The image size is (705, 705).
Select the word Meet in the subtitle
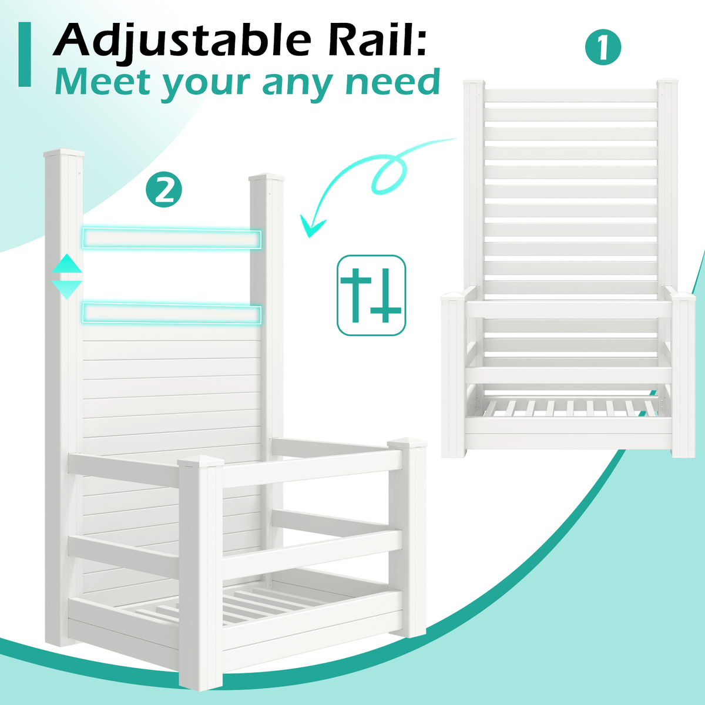103,82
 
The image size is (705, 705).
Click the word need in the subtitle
392,82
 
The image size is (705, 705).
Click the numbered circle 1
603,47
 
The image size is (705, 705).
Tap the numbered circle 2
163,190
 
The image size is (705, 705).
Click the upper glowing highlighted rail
172,238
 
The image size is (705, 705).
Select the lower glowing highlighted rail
172,314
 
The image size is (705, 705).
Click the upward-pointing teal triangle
66,264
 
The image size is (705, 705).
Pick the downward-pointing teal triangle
66,289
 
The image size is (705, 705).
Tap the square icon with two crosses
371,296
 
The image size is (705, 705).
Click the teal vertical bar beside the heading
25,54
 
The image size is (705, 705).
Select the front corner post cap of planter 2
200,461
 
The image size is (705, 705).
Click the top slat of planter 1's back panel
570,96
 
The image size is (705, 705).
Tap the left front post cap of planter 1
453,296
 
